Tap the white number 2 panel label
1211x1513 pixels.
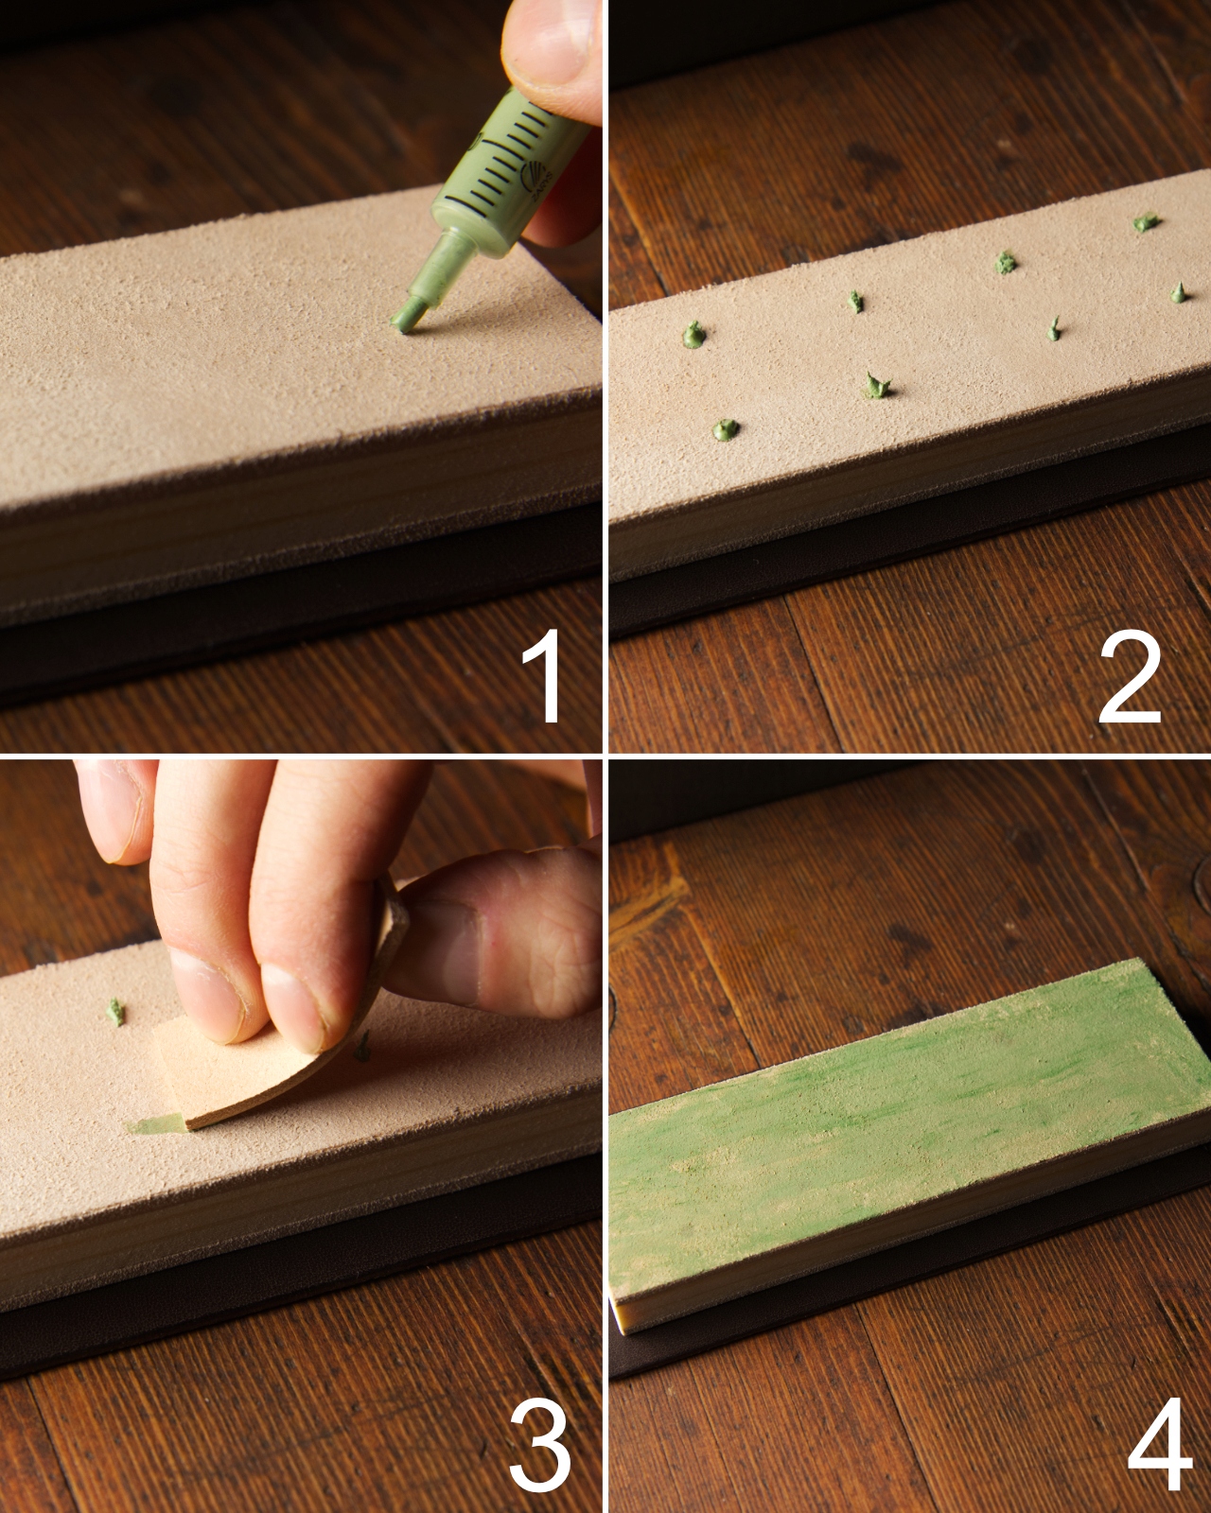click(1129, 677)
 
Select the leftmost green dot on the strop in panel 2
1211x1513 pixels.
click(693, 335)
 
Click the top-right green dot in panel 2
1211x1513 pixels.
click(1147, 223)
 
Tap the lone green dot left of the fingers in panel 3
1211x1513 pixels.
click(115, 1012)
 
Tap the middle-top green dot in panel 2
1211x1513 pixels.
click(1007, 262)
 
